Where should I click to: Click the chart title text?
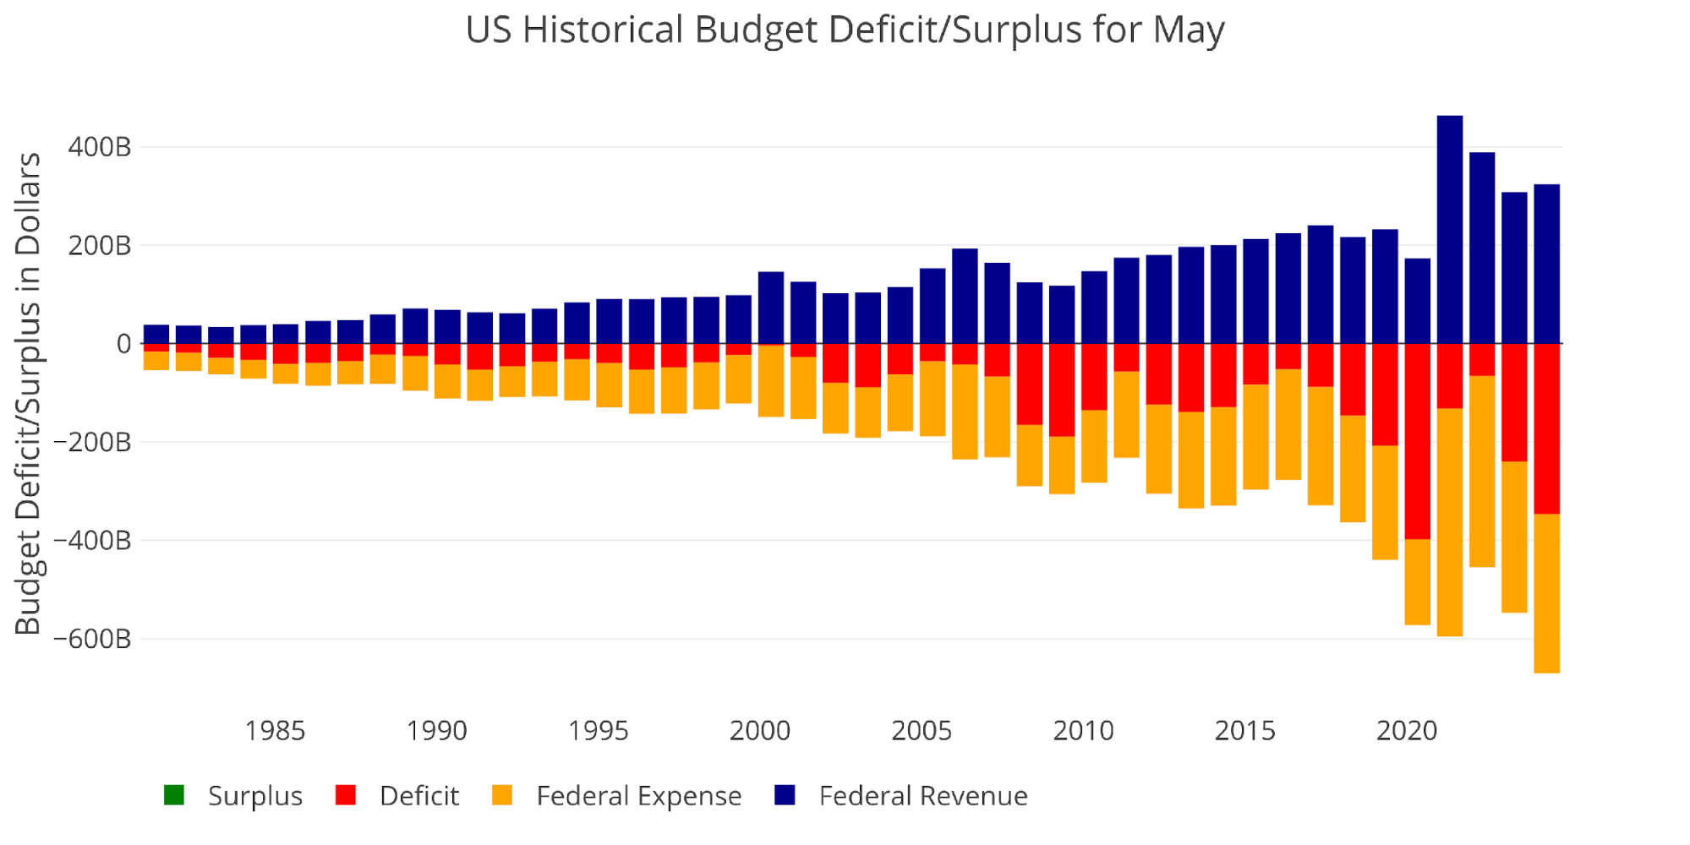[x=844, y=30]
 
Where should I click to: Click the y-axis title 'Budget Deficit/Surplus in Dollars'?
[x=28, y=394]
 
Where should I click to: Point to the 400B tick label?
[x=100, y=147]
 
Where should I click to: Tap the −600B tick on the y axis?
[x=93, y=639]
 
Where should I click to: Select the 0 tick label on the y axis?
[x=123, y=344]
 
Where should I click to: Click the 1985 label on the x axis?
[x=275, y=730]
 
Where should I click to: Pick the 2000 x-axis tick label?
[x=759, y=730]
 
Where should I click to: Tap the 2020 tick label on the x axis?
[x=1406, y=730]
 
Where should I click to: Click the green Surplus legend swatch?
[x=174, y=795]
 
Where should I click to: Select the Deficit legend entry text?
[x=418, y=796]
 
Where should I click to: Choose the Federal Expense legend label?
[x=638, y=796]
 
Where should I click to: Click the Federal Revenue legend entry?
[x=922, y=796]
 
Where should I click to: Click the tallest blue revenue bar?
[x=1449, y=228]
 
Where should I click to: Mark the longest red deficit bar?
[x=1417, y=441]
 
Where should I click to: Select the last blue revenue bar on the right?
[x=1546, y=264]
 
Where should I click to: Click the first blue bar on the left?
[x=156, y=334]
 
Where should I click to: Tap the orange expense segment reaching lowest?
[x=1546, y=593]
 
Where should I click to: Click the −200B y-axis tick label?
[x=93, y=442]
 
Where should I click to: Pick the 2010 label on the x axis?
[x=1083, y=730]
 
